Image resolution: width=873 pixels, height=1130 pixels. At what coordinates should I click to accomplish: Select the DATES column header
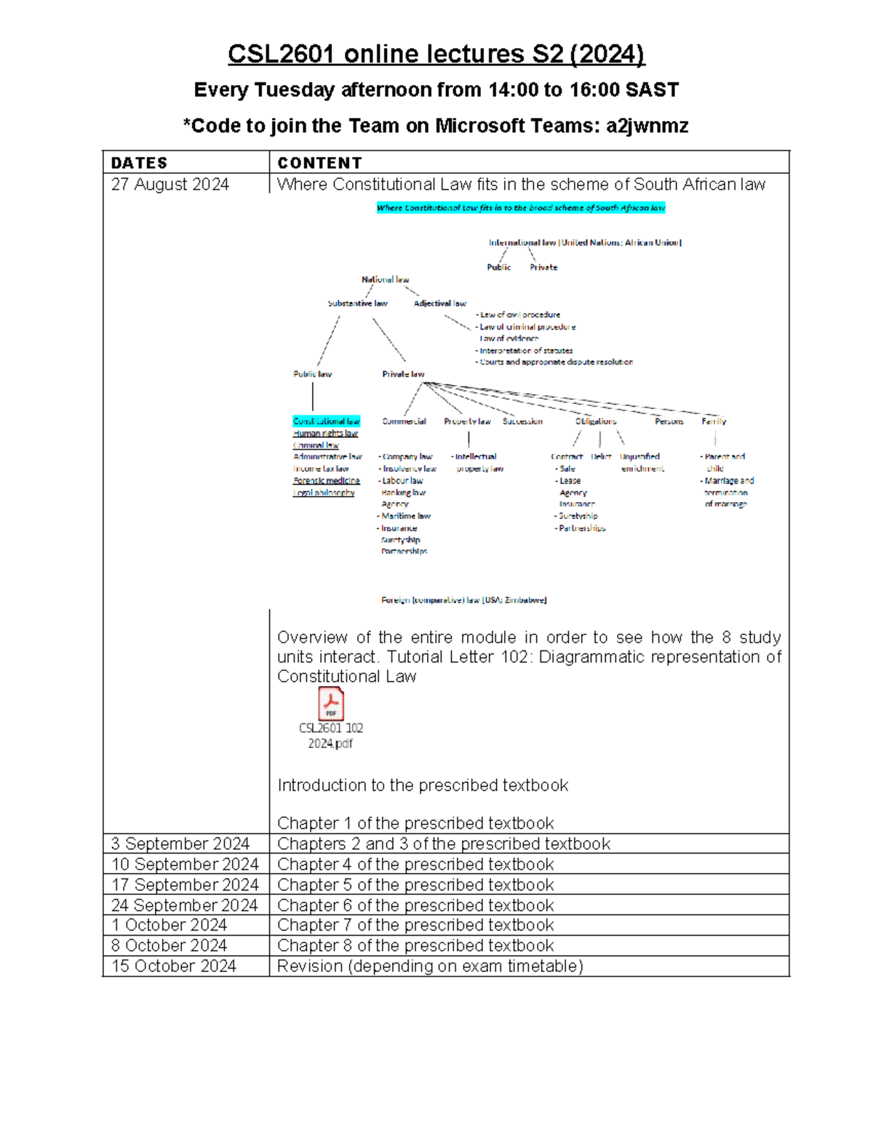click(x=139, y=163)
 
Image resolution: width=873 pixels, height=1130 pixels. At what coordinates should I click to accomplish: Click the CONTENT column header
click(x=319, y=163)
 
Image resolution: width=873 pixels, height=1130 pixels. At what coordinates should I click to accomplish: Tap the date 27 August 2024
click(x=170, y=185)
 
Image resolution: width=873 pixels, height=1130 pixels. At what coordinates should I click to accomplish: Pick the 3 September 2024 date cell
click(x=180, y=843)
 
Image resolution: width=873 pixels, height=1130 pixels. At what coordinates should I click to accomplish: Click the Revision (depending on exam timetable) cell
click(x=430, y=966)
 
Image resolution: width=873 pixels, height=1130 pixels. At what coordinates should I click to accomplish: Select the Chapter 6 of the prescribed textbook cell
click(x=415, y=905)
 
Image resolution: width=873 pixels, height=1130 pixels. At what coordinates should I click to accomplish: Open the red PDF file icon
click(x=331, y=704)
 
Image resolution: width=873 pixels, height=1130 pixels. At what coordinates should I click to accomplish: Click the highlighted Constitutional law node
click(x=326, y=421)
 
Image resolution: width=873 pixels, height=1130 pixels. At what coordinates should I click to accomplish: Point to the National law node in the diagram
click(x=385, y=279)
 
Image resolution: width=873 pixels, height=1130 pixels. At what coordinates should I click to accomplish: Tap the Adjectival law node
click(x=439, y=303)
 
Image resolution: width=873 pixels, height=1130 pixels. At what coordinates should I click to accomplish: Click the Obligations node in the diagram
click(x=595, y=421)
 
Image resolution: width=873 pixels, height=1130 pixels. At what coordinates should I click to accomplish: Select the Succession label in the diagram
click(x=522, y=421)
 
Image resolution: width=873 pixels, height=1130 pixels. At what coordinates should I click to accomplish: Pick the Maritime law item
click(x=405, y=516)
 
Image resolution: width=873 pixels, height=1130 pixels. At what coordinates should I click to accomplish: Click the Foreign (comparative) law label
click(x=463, y=600)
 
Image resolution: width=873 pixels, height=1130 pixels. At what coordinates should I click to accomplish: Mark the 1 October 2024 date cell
click(x=169, y=925)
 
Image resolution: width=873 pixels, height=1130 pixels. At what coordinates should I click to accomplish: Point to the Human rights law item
click(x=325, y=434)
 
